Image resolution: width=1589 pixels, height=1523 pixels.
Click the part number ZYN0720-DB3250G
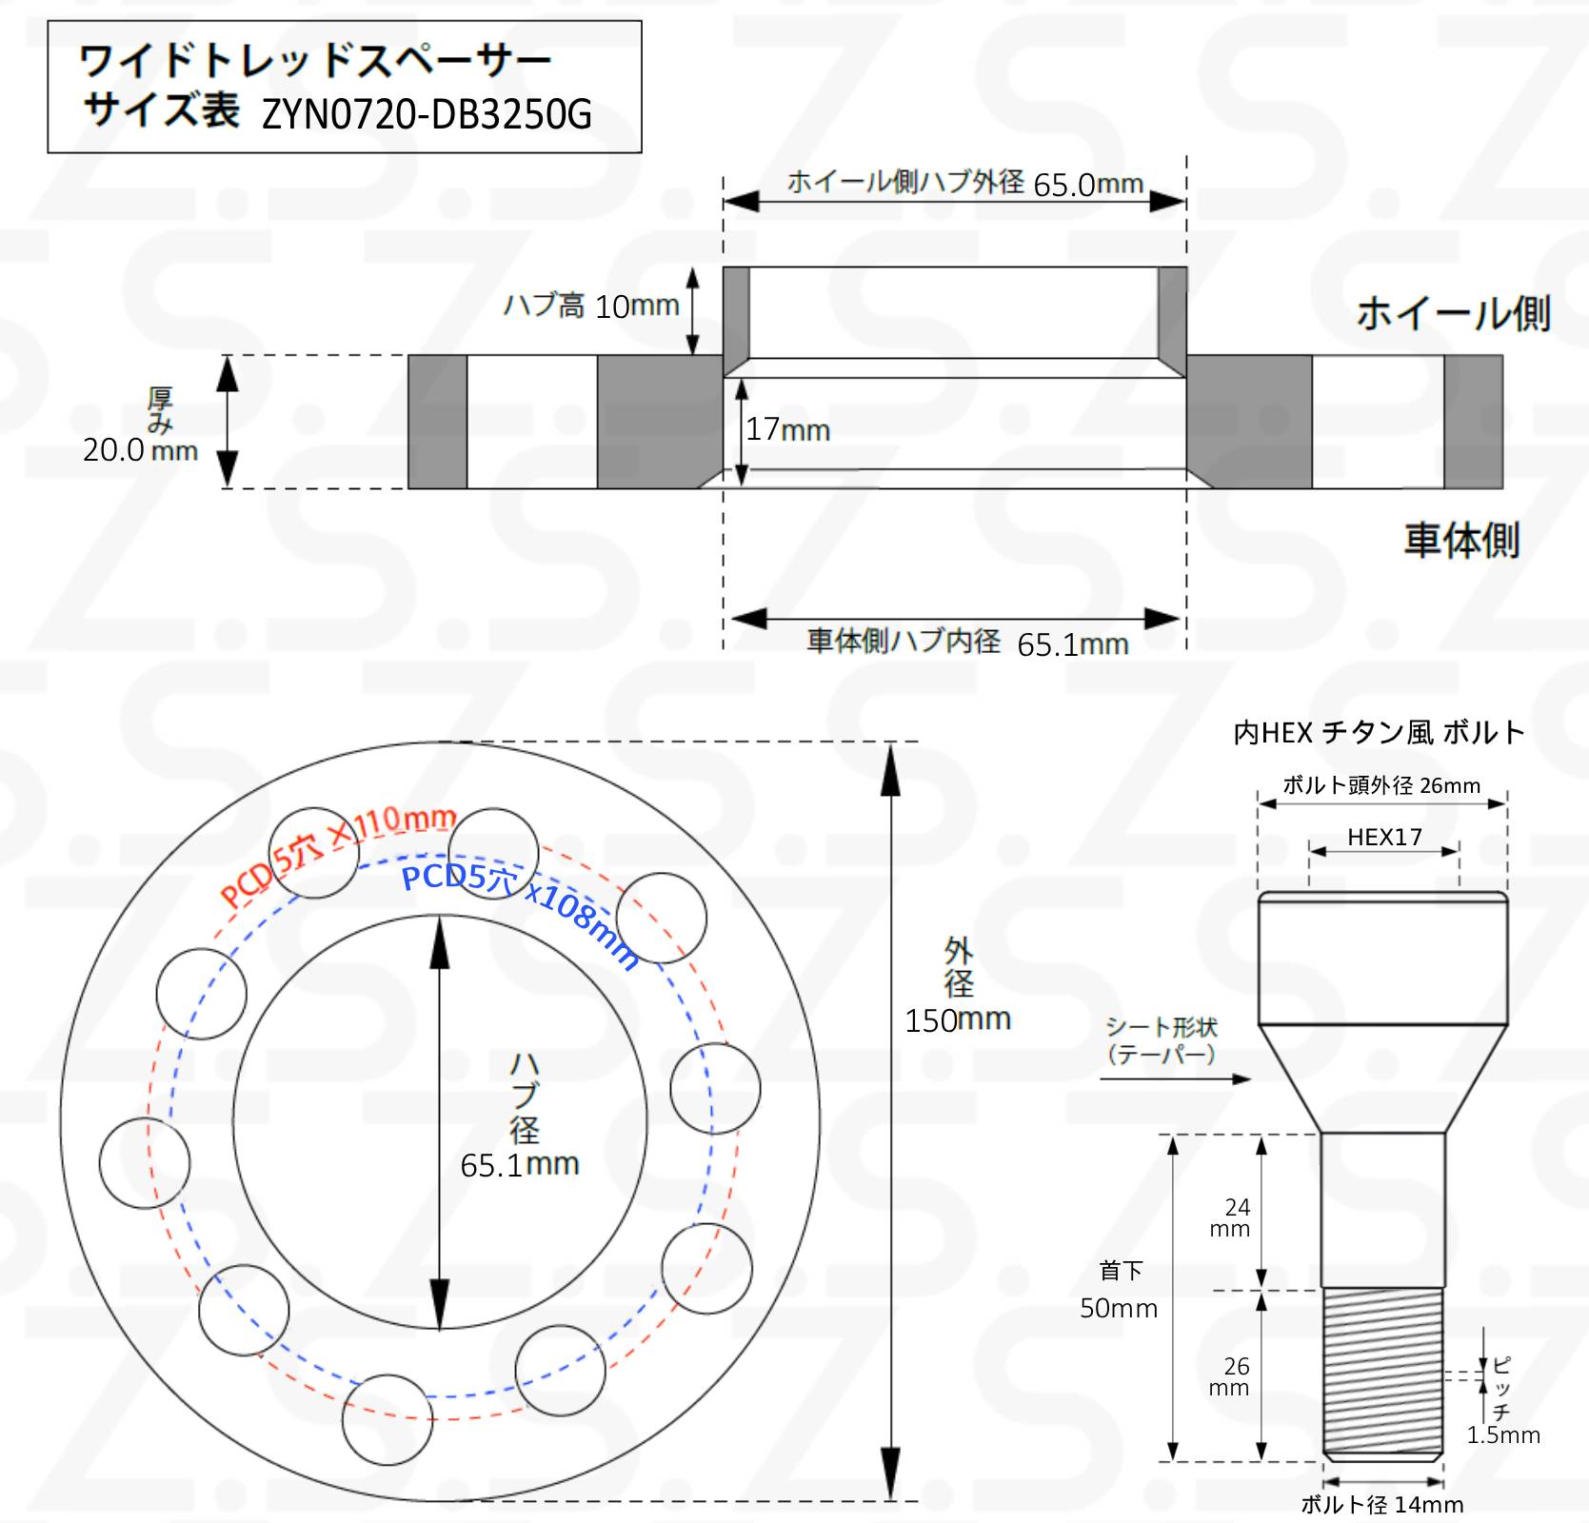click(427, 115)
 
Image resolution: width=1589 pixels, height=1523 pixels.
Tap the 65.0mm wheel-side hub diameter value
click(1088, 184)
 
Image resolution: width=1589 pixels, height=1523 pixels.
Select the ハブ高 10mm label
click(591, 306)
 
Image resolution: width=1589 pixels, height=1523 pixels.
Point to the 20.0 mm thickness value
click(140, 449)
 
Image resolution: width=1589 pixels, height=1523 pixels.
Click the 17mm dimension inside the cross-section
click(787, 429)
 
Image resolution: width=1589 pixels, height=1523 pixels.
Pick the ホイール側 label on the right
click(1453, 313)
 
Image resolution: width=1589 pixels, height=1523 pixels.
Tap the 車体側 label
click(1461, 540)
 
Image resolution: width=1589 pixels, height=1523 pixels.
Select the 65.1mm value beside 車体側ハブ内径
click(1073, 644)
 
